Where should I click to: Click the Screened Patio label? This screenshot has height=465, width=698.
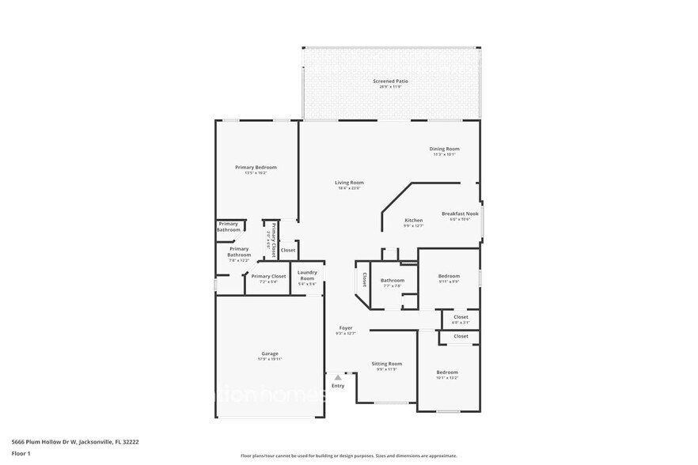pos(390,81)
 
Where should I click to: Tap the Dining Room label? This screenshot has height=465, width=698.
pos(444,149)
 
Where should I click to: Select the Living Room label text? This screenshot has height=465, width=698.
pos(348,183)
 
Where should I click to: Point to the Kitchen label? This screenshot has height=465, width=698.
pos(414,220)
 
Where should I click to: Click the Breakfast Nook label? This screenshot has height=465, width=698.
pos(460,214)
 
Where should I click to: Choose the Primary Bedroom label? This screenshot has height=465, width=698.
pos(256,167)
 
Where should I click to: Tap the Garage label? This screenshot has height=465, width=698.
pos(270,353)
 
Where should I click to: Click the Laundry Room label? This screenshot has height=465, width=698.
pos(307,275)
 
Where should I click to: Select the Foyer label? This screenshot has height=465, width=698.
pos(346,327)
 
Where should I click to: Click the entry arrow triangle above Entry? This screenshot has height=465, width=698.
pos(338,378)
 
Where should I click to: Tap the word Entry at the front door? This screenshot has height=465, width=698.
pos(338,386)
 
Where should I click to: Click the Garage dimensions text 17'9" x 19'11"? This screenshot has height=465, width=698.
pos(270,359)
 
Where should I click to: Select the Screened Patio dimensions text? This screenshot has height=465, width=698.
pos(390,87)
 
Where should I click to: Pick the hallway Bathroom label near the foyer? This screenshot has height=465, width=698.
pos(392,280)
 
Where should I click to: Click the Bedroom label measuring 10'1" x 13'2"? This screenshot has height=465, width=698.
pos(447,372)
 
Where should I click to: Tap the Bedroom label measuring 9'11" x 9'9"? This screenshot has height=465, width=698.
pos(449,276)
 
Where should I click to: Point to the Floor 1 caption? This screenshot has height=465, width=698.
pos(21,453)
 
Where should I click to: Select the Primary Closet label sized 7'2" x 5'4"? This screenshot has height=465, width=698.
pos(268,276)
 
